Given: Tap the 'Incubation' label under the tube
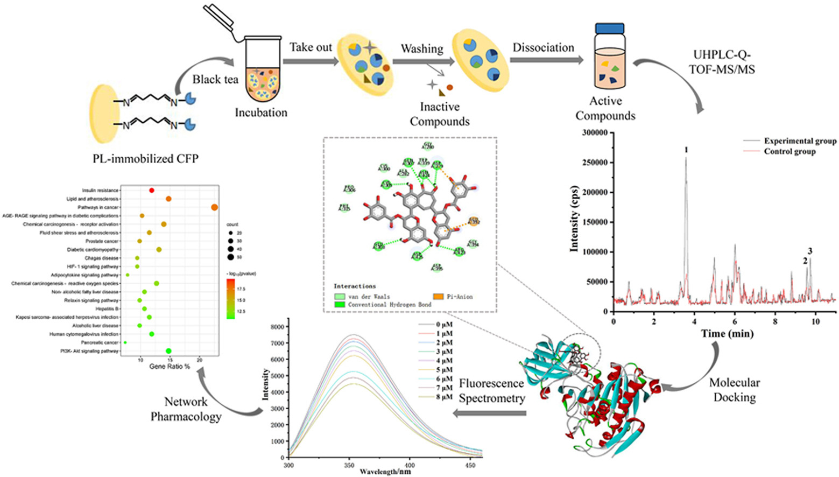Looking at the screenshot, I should coord(261,113).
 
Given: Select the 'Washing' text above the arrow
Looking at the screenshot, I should coord(422,49).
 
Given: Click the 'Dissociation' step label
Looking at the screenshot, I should coord(543,48).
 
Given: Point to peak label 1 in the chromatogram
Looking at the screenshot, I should coord(686,150).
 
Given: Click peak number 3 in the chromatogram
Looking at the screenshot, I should coord(810,251).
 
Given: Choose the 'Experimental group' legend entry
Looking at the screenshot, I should coord(800,141).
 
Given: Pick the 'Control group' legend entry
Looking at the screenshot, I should coord(789,152).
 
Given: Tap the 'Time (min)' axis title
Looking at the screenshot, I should coord(727,334).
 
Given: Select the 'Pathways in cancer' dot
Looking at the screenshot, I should coord(215,207).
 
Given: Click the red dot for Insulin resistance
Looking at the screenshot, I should coord(152,191).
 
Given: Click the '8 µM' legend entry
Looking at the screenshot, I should coord(443,397).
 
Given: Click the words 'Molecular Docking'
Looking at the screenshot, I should coord(734,390).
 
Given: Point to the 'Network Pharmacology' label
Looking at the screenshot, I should coord(186,409).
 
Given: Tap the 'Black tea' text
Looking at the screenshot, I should coord(215,80).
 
